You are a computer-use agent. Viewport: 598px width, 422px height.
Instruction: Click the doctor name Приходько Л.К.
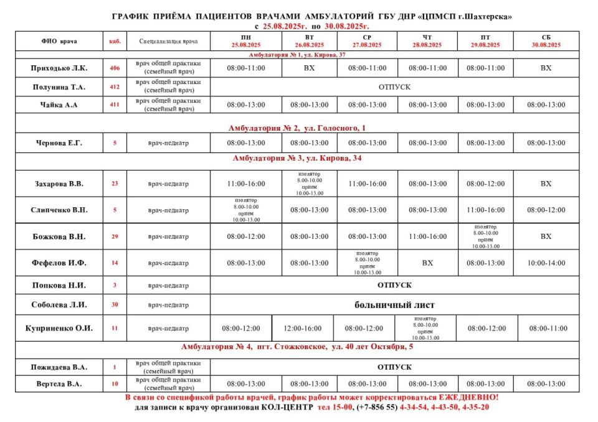pos(59,68)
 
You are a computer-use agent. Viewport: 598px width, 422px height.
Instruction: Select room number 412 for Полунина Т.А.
pos(115,87)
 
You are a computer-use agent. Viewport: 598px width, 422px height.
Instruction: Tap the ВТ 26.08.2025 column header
pos(309,42)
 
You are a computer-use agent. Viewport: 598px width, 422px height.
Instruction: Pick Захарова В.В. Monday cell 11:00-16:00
pos(245,184)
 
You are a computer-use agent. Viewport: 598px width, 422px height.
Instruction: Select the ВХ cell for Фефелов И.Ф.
pos(427,263)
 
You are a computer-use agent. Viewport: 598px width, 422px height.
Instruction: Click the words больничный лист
pos(394,305)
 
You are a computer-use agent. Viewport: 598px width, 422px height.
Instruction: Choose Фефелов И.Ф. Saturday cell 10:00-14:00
pos(546,263)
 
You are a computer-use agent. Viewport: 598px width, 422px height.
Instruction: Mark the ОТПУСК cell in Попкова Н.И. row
pos(394,284)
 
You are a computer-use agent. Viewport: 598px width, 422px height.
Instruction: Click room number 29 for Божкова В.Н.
pos(115,237)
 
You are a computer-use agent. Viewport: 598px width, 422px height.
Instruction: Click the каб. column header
pos(115,42)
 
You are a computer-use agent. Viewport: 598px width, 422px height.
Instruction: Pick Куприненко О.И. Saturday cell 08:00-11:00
pos(549,328)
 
